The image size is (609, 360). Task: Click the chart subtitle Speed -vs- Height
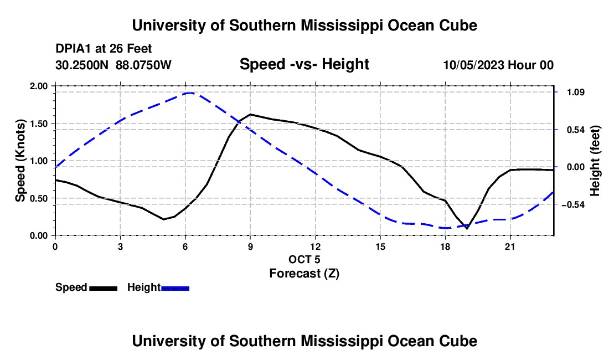[304, 64]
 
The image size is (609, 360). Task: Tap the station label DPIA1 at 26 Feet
[104, 49]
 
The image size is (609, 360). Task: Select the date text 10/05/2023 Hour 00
[498, 65]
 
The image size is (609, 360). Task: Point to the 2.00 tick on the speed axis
[38, 86]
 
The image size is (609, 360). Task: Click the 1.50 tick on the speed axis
[38, 124]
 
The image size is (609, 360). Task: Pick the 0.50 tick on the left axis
[38, 198]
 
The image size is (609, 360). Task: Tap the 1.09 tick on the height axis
[576, 92]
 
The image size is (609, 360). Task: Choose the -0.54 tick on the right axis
[573, 205]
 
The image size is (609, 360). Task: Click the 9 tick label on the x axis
[250, 246]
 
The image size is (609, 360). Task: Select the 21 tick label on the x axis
[510, 246]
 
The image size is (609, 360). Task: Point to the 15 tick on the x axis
[380, 246]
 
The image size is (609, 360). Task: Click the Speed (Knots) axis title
[20, 161]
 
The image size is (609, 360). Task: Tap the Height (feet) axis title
[595, 161]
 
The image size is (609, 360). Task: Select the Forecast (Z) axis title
[304, 274]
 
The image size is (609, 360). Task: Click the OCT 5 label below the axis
[304, 259]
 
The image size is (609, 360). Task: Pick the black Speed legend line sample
[104, 289]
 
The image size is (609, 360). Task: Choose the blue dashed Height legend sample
[175, 289]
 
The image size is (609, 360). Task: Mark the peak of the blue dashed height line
[189, 93]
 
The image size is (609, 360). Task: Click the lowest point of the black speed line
[467, 228]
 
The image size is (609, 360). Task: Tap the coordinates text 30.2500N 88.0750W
[113, 65]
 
